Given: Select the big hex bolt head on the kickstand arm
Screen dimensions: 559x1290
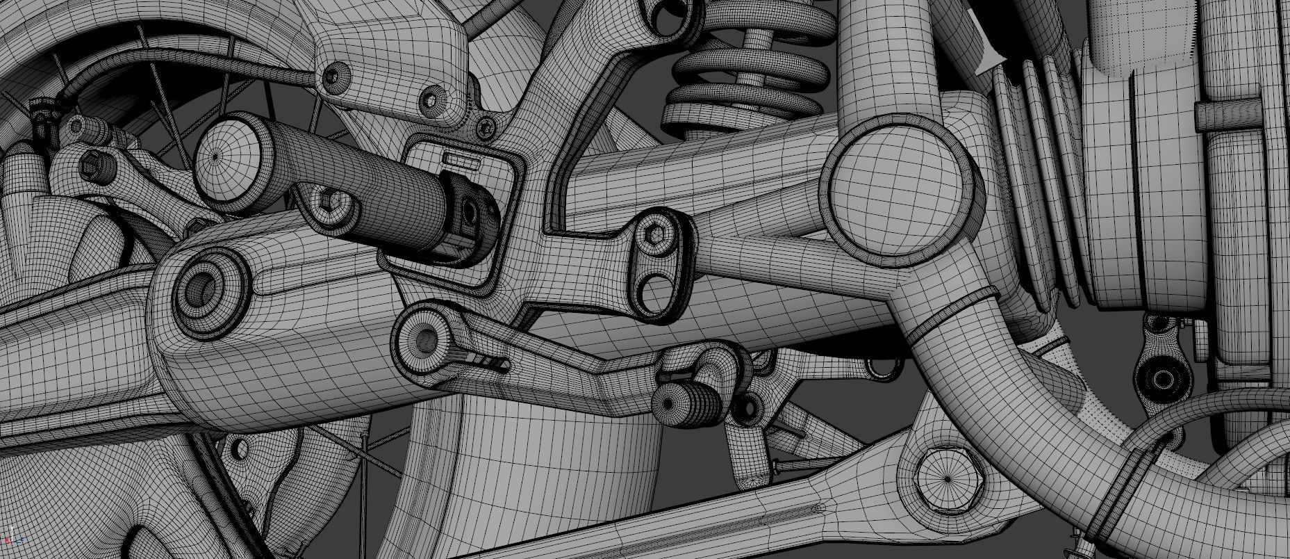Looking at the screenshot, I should [x=948, y=479].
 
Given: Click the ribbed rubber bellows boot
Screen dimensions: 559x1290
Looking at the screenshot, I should [x=1035, y=181].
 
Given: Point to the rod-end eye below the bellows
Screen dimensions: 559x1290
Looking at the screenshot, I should [x=1161, y=379].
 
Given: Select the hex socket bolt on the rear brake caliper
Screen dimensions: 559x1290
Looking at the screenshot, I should [x=91, y=167].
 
